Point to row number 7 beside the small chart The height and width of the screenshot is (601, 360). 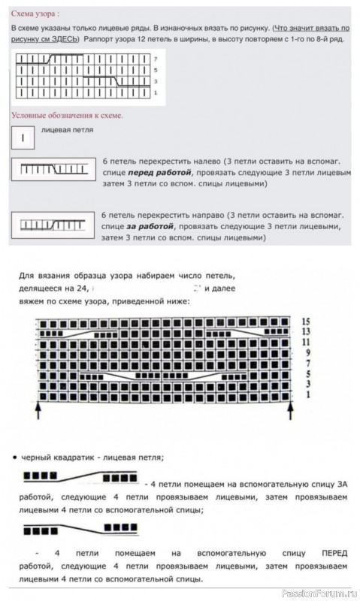click(x=155, y=58)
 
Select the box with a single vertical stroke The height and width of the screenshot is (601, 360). click(x=23, y=138)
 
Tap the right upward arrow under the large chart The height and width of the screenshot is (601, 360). click(x=292, y=410)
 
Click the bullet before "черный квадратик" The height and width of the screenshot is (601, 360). click(x=16, y=456)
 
